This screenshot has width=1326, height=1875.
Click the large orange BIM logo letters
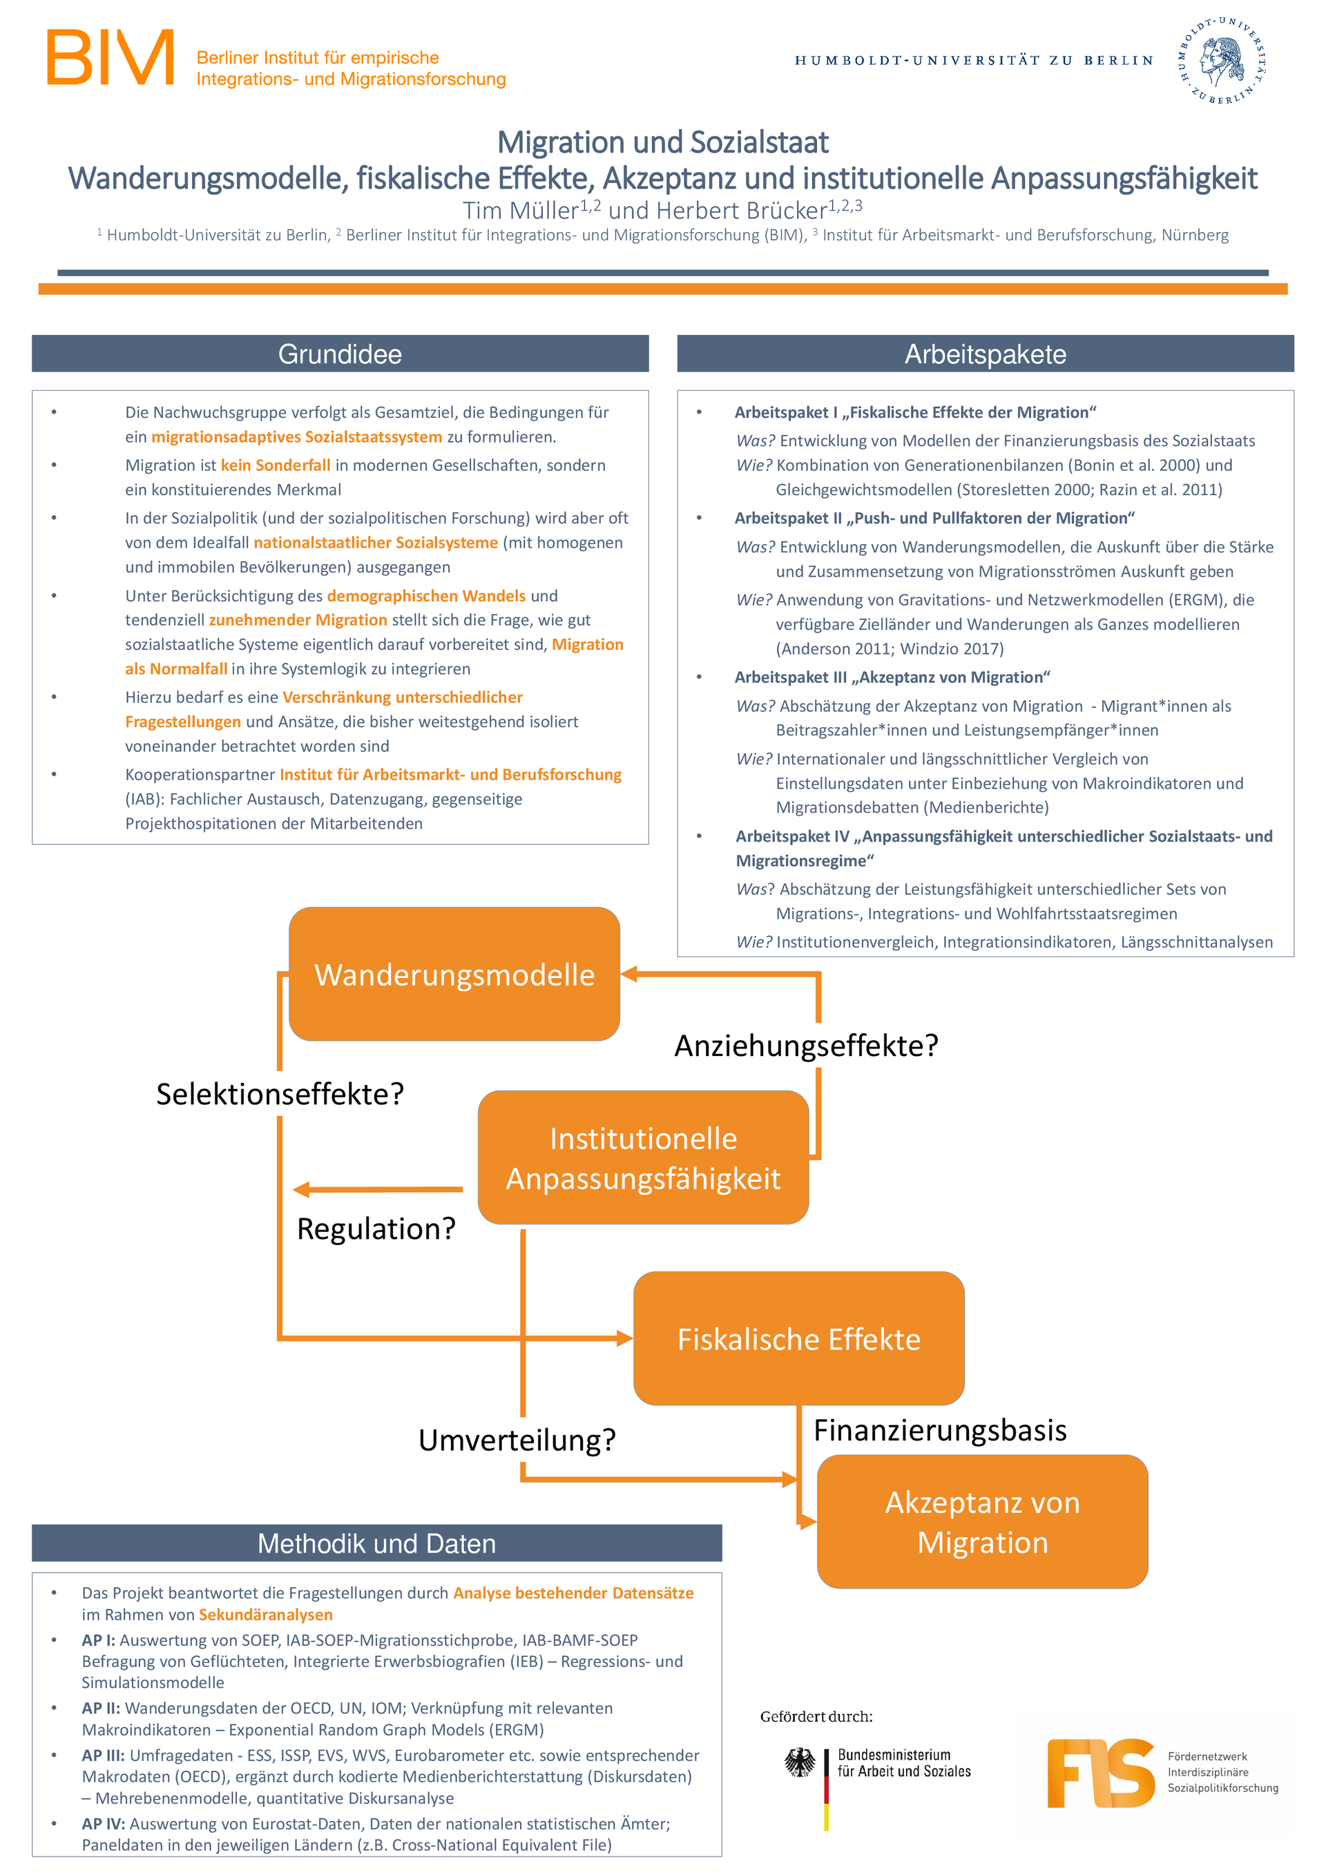[111, 58]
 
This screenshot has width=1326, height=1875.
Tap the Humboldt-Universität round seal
[1222, 61]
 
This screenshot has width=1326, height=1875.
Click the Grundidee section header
[340, 354]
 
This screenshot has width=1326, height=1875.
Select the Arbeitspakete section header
[986, 354]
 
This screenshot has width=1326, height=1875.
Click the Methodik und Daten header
[376, 1543]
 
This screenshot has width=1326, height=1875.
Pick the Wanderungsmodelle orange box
[455, 974]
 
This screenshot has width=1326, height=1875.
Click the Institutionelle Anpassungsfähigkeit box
[644, 1157]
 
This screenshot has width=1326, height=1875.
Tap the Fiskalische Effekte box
[799, 1338]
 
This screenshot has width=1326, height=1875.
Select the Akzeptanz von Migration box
[982, 1521]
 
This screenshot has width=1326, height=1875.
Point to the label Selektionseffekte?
[280, 1093]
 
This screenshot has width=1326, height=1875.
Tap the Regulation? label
[376, 1228]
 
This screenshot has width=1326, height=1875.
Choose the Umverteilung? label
[517, 1440]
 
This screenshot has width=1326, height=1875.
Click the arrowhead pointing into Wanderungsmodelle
[628, 974]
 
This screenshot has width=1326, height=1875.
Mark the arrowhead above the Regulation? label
[301, 1190]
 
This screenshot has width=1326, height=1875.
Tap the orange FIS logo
[1101, 1773]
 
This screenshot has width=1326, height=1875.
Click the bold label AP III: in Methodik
[104, 1755]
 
